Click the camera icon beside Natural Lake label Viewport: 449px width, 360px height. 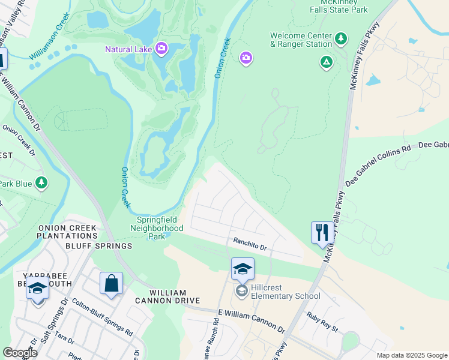pyautogui.click(x=161, y=48)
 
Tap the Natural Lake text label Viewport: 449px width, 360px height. pyautogui.click(x=128, y=49)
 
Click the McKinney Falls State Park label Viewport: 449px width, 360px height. pyautogui.click(x=339, y=6)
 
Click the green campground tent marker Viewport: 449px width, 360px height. pyautogui.click(x=326, y=61)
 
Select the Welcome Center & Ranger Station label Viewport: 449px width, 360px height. pyautogui.click(x=301, y=40)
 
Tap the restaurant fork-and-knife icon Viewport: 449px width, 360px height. pyautogui.click(x=322, y=232)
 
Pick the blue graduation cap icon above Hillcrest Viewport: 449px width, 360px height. pyautogui.click(x=243, y=269)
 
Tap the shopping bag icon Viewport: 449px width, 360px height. pyautogui.click(x=112, y=283)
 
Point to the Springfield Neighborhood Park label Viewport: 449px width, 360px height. pyautogui.click(x=157, y=228)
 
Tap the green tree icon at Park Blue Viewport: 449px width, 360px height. pyautogui.click(x=41, y=182)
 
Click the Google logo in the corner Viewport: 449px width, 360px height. pyautogui.click(x=20, y=353)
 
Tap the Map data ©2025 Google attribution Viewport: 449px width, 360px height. pyautogui.click(x=411, y=355)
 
